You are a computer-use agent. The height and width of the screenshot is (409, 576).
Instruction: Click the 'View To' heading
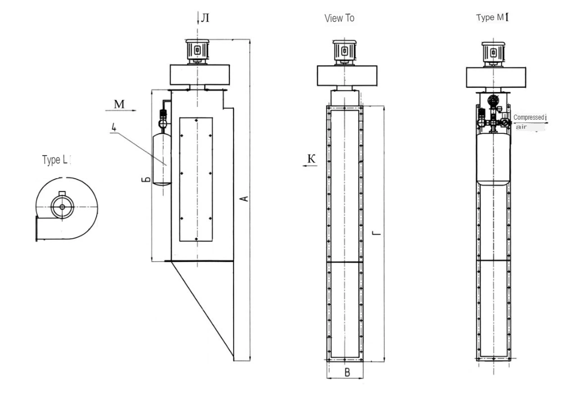[x=339, y=18]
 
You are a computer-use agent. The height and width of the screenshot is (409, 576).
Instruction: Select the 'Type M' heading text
[x=490, y=17]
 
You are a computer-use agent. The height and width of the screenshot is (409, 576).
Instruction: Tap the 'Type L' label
[x=55, y=160]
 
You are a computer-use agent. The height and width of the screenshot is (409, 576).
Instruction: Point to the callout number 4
[x=114, y=128]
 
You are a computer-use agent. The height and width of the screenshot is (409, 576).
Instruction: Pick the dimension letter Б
[x=146, y=179]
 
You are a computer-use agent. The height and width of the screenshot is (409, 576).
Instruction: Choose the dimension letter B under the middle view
[x=347, y=372]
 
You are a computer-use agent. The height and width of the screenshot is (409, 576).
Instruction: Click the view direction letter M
[x=119, y=104]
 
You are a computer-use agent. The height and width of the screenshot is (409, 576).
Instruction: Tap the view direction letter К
[x=311, y=159]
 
